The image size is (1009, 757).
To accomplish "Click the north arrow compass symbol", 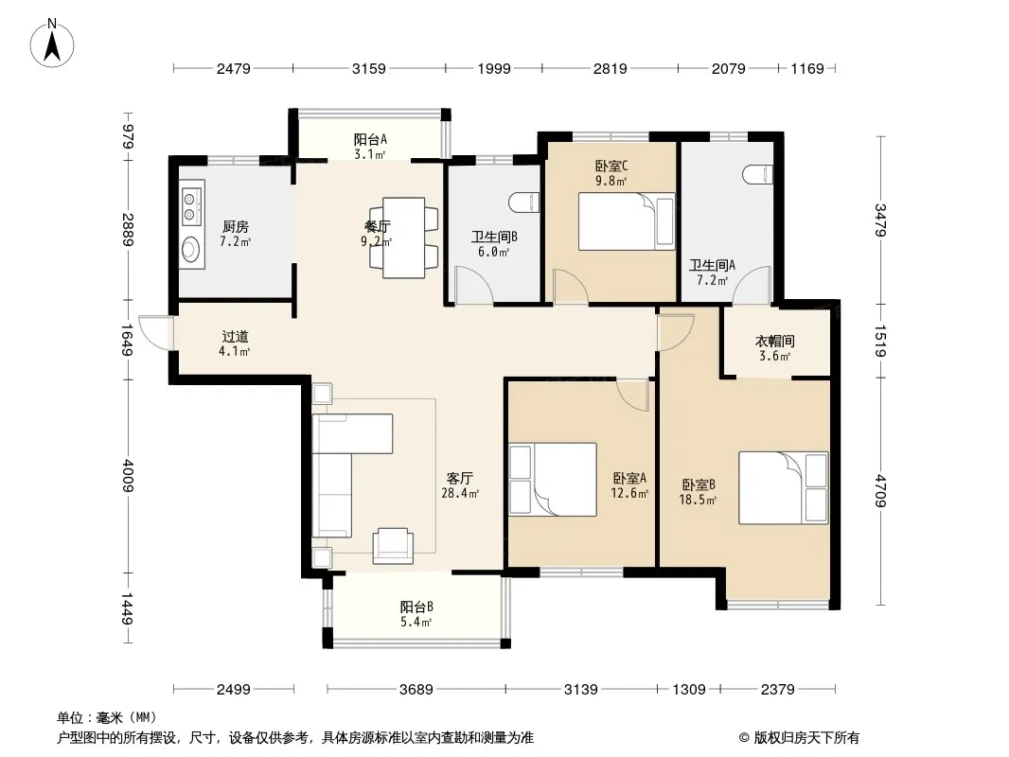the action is [52, 43].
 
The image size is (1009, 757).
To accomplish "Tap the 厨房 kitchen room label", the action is [236, 226].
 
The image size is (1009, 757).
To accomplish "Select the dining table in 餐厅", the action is [403, 238].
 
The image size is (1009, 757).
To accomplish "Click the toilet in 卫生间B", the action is [524, 202].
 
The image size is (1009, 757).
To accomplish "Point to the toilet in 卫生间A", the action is [757, 174].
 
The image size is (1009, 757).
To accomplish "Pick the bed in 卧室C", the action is [627, 221].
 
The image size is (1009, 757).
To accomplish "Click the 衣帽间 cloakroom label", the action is [775, 341].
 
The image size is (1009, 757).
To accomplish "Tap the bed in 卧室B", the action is [783, 487].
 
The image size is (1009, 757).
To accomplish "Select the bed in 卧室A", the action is [553, 479].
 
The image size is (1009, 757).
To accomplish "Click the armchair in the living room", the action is [393, 546].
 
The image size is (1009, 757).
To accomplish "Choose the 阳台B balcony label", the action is [416, 607].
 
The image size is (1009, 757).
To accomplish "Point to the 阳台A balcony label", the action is [370, 139].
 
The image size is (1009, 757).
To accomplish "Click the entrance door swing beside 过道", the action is [155, 332].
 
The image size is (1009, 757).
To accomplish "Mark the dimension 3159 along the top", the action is [369, 68].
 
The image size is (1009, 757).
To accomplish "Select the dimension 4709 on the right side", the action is [880, 491].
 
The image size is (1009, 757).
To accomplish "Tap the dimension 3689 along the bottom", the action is [416, 690].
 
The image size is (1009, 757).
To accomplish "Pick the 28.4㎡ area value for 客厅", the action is [460, 493].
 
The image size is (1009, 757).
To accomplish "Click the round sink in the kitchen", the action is [191, 248].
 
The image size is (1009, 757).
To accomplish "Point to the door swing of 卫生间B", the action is [473, 284].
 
